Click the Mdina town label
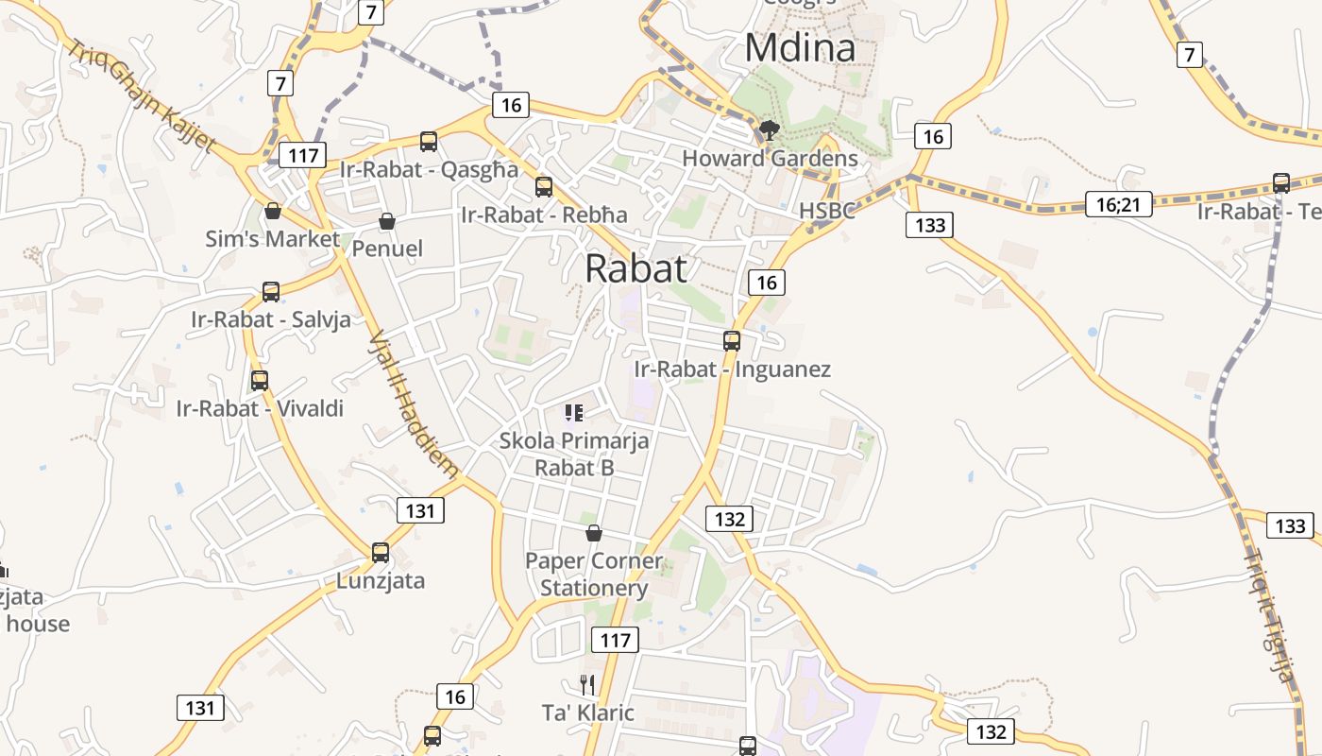click(x=800, y=48)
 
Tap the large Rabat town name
click(x=636, y=268)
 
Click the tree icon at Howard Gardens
click(x=770, y=130)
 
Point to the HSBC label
click(x=826, y=210)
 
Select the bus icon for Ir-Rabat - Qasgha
click(x=429, y=142)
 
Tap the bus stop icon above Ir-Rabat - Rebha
click(x=544, y=187)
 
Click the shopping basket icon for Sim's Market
click(x=273, y=211)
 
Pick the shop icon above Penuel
click(x=386, y=222)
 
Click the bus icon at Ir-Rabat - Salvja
click(x=271, y=292)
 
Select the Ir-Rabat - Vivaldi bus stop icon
click(x=260, y=381)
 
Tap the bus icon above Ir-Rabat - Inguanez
click(x=732, y=341)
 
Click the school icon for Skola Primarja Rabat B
click(x=573, y=413)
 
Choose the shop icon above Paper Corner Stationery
click(x=594, y=534)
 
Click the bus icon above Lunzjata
click(x=381, y=553)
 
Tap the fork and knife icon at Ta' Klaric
click(x=587, y=685)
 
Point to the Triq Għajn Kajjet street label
click(x=142, y=95)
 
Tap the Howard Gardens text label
click(x=770, y=158)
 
